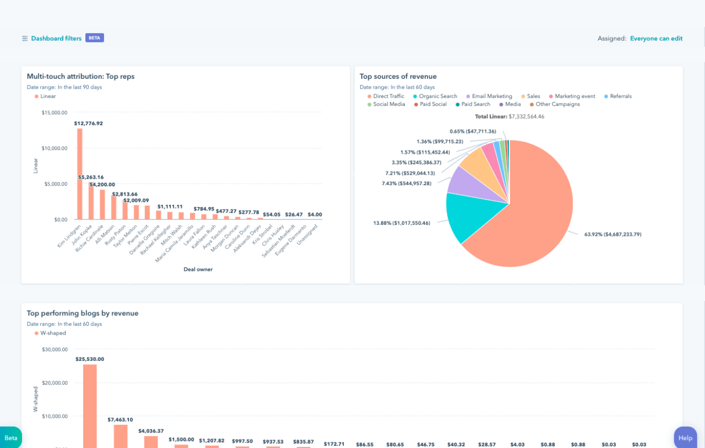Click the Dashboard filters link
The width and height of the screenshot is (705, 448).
[x=56, y=39]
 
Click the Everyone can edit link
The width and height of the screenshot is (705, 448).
[x=656, y=39]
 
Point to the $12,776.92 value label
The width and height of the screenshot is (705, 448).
[x=88, y=123]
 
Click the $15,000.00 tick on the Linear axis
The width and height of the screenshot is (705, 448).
[x=54, y=112]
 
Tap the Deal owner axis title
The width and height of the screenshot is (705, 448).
[x=198, y=269]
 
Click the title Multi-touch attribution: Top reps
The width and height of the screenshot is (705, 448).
[x=80, y=77]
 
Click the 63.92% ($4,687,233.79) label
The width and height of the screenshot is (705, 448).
[x=612, y=234]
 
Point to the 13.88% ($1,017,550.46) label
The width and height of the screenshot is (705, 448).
[x=402, y=223]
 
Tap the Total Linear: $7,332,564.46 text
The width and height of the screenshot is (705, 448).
[x=509, y=116]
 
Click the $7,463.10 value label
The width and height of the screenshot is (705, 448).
[x=120, y=419]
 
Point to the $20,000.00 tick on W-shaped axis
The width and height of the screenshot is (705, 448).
[x=55, y=383]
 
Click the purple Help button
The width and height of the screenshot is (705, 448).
[x=685, y=438]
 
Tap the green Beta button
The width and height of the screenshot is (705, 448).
[x=11, y=438]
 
